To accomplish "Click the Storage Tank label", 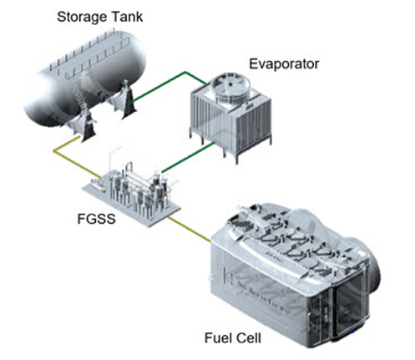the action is (99, 17).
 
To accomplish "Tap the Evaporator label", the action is (284, 64).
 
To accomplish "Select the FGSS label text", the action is (96, 219).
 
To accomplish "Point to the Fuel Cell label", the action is (233, 338).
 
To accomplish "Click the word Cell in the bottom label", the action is (248, 338).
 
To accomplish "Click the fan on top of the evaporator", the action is (230, 85).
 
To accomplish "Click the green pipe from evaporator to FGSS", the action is (188, 157).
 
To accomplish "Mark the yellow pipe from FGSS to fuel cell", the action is (189, 229).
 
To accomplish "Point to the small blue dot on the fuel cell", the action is (352, 332).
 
